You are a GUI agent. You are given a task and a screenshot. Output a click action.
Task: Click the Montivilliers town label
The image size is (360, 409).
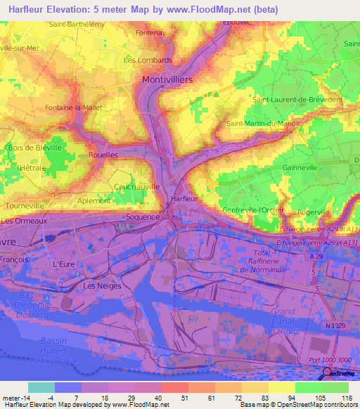coord(167,80)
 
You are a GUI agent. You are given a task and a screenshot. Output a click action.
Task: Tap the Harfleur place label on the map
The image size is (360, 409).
coord(183,199)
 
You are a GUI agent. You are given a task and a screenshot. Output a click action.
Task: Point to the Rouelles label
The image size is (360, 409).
coord(103,155)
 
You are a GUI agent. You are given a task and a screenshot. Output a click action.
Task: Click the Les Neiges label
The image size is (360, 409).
coord(102,286)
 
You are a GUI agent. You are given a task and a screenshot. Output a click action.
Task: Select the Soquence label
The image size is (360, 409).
coord(143,217)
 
